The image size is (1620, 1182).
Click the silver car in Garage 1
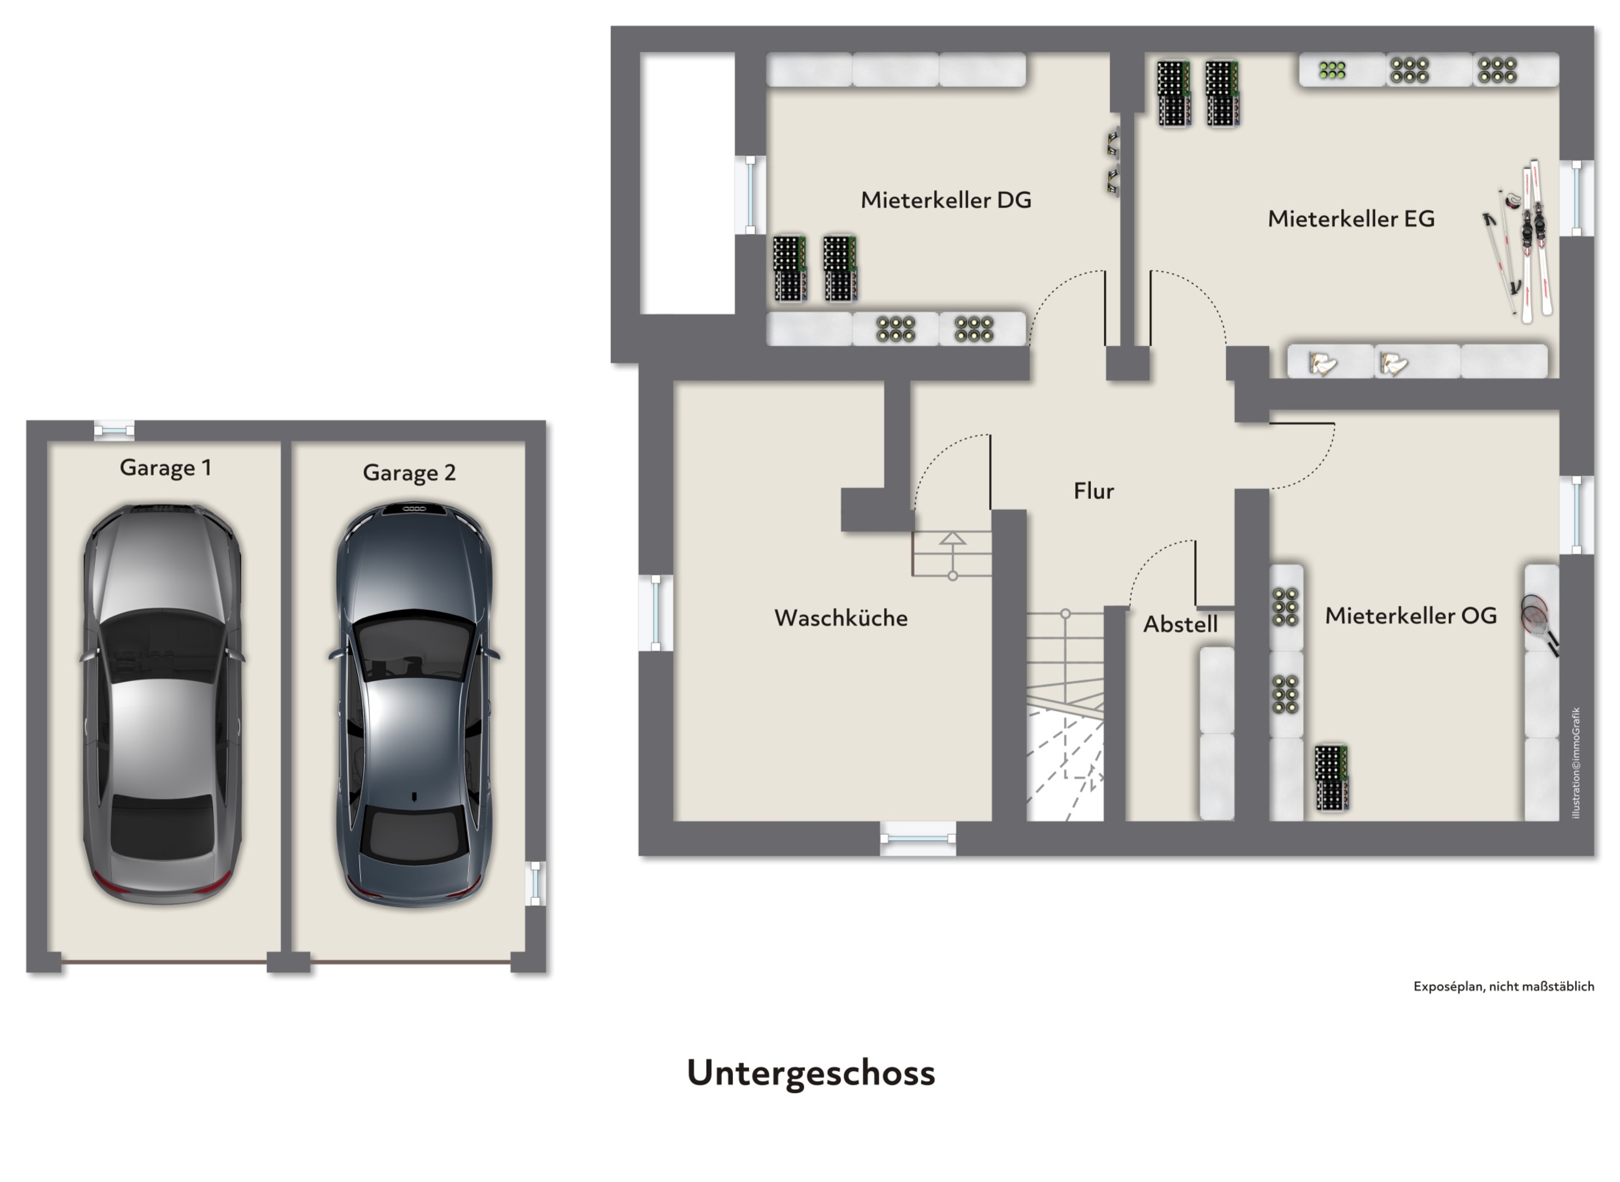coord(163,704)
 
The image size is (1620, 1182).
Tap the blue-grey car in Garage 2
coord(414,705)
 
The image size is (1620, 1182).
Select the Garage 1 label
coord(165,468)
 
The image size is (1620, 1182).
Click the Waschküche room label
coord(841,618)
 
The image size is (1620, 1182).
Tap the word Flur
coord(1093,491)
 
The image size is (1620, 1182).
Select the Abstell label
coord(1180,624)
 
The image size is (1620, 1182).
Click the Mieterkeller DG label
coord(946,200)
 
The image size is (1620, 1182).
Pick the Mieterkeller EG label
coord(1351,218)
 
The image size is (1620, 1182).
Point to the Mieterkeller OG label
coord(1410,615)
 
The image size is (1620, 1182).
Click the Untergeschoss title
coord(811,1073)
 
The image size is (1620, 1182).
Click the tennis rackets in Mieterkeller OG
coord(1538,622)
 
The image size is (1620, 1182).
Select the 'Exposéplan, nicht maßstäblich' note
coord(1503,986)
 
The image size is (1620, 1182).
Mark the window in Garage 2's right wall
coord(534,883)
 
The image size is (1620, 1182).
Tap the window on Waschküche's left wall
coord(655,613)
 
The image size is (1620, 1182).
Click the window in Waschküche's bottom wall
coord(917,838)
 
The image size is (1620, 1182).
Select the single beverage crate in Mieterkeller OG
coord(1332,777)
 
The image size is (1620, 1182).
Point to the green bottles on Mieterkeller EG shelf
coord(1332,70)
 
